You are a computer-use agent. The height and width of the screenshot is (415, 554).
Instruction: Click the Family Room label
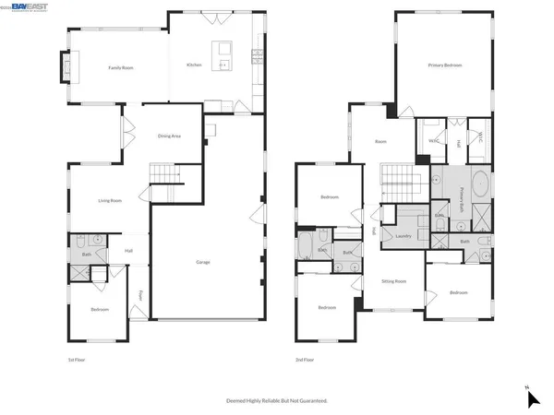click(x=117, y=67)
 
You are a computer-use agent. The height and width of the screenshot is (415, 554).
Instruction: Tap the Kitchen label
click(x=194, y=65)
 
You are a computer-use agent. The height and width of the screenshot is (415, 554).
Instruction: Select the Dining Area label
click(x=170, y=136)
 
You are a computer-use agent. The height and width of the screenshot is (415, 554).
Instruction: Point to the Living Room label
click(x=111, y=200)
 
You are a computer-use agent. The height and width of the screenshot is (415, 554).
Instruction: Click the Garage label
click(x=203, y=262)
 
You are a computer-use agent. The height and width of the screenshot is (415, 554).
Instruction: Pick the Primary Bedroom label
click(x=444, y=65)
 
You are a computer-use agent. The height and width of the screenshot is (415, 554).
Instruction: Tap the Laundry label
click(x=403, y=236)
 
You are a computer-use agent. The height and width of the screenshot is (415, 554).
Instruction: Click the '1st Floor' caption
click(x=78, y=359)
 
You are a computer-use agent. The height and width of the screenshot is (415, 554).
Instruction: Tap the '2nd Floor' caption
click(x=305, y=359)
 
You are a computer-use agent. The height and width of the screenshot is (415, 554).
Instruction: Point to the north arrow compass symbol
click(x=531, y=397)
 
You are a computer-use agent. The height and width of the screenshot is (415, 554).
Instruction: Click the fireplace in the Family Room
click(x=65, y=67)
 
